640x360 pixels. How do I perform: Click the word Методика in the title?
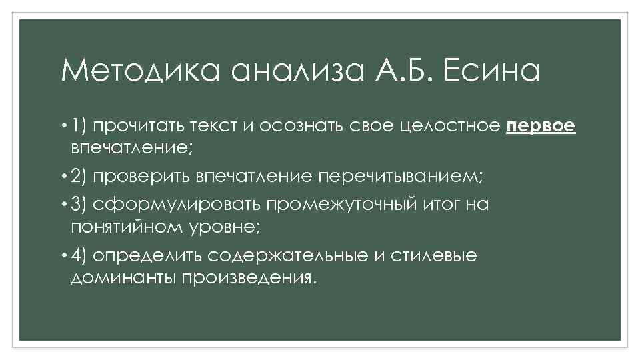141,71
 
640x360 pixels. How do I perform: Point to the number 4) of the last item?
81,256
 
